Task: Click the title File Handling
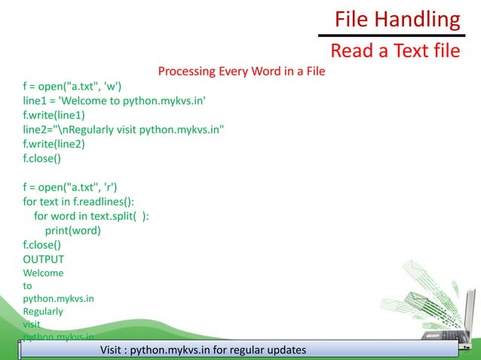pyautogui.click(x=397, y=19)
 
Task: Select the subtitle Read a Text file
pyautogui.click(x=395, y=51)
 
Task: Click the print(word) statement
pyautogui.click(x=72, y=230)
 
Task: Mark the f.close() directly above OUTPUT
pyautogui.click(x=42, y=245)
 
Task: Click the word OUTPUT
pyautogui.click(x=44, y=259)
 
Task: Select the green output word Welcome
pyautogui.click(x=43, y=273)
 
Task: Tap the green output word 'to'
pyautogui.click(x=28, y=285)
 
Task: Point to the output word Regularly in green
pyautogui.click(x=43, y=311)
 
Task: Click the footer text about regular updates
pyautogui.click(x=203, y=350)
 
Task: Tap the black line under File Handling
pyautogui.click(x=388, y=35)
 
